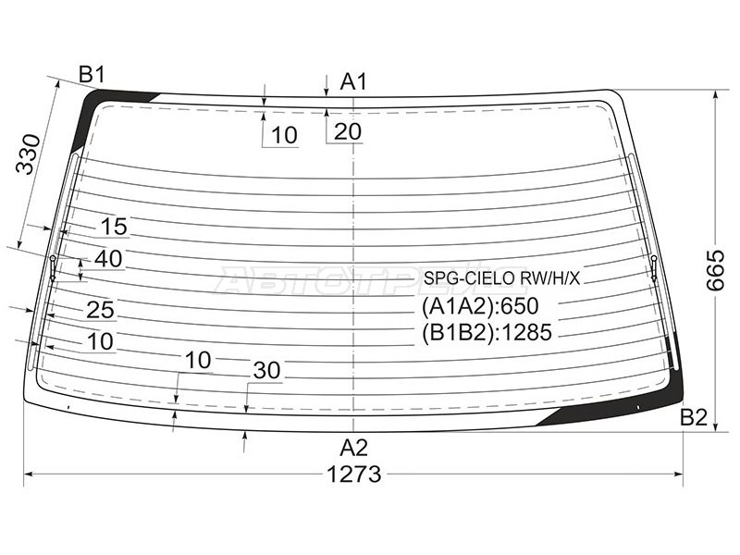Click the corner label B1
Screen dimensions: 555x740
pyautogui.click(x=92, y=74)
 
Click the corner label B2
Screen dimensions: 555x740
pyautogui.click(x=694, y=417)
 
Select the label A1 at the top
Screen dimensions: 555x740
pyautogui.click(x=353, y=81)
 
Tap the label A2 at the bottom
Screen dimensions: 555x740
pyautogui.click(x=353, y=448)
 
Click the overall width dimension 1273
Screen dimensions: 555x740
pyautogui.click(x=354, y=475)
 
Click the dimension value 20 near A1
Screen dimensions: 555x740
pyautogui.click(x=347, y=131)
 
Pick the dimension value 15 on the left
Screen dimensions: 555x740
pyautogui.click(x=114, y=227)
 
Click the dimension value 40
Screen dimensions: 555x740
pyautogui.click(x=108, y=259)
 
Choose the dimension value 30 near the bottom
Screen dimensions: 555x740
pyautogui.click(x=266, y=371)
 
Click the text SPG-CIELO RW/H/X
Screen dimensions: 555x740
pyautogui.click(x=501, y=278)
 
